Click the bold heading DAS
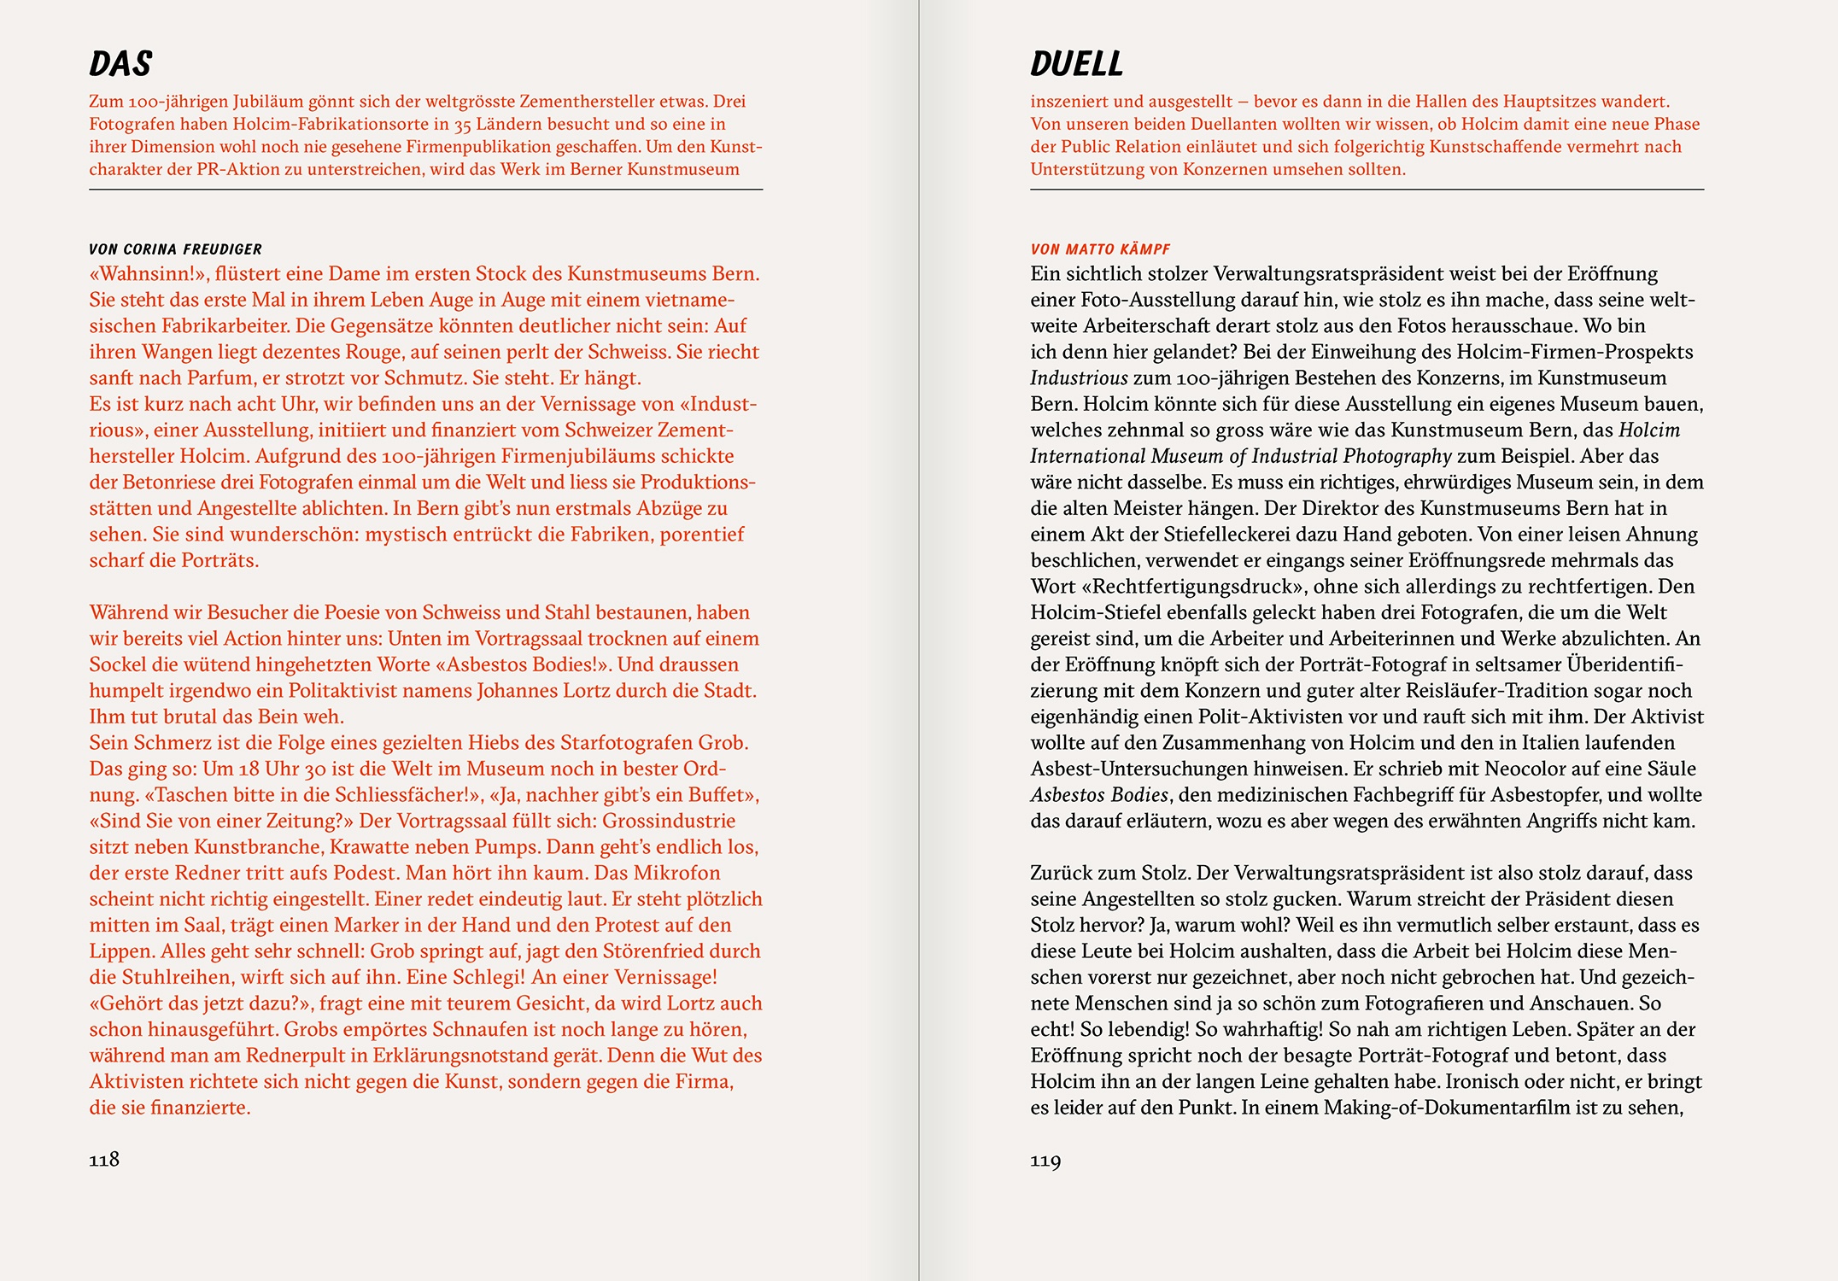[x=120, y=64]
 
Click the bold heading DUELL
[x=1076, y=64]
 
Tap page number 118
[x=104, y=1159]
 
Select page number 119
[x=1045, y=1160]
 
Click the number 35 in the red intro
[x=462, y=125]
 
